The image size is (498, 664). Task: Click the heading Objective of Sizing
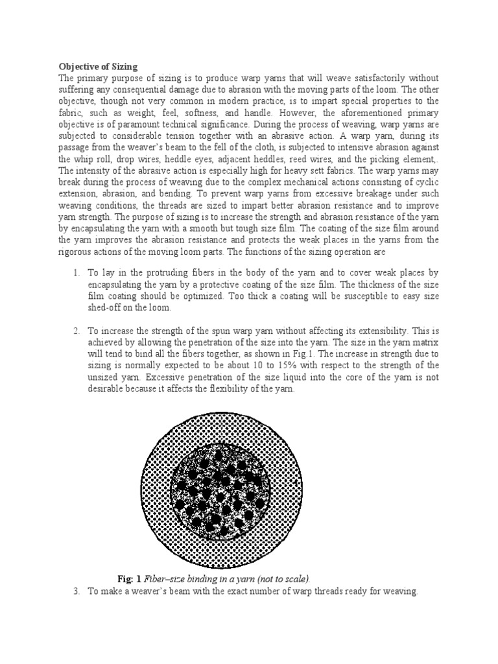tap(99, 65)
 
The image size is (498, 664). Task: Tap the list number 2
tap(76, 331)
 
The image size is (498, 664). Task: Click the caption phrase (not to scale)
tap(277, 578)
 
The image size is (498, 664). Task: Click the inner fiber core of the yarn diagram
tap(222, 490)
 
